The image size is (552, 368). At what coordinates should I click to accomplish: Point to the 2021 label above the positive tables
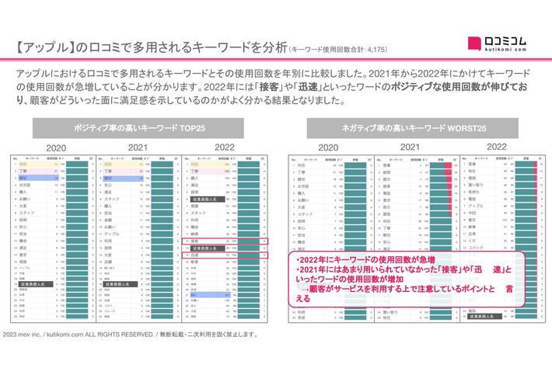pyautogui.click(x=138, y=147)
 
